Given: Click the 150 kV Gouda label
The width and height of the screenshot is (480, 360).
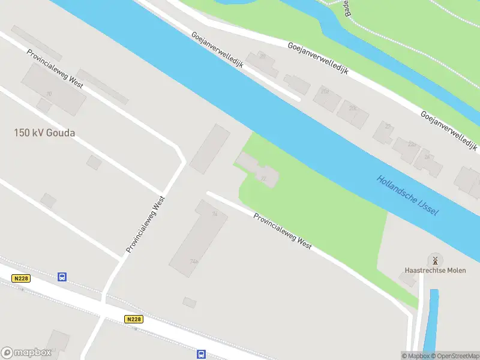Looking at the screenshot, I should point(44,133).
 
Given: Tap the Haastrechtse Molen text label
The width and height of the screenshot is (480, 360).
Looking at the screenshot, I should point(435,271).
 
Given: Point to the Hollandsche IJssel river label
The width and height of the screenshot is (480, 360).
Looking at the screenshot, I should point(408,196).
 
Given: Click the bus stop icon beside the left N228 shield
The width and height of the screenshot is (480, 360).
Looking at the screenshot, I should point(62,277).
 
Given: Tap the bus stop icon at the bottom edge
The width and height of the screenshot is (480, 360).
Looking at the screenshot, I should point(201,354).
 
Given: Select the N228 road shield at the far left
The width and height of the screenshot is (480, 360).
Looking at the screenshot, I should point(20,277).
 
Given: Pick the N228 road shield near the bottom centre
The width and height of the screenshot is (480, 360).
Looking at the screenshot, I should point(134,320).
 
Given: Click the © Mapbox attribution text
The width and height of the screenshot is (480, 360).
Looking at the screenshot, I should point(416,356).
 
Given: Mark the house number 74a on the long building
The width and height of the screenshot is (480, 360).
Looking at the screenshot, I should point(194,261).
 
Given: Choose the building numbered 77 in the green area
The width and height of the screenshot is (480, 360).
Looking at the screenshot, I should point(265,177).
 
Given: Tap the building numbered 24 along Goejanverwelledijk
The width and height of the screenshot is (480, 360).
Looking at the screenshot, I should point(427,158).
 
